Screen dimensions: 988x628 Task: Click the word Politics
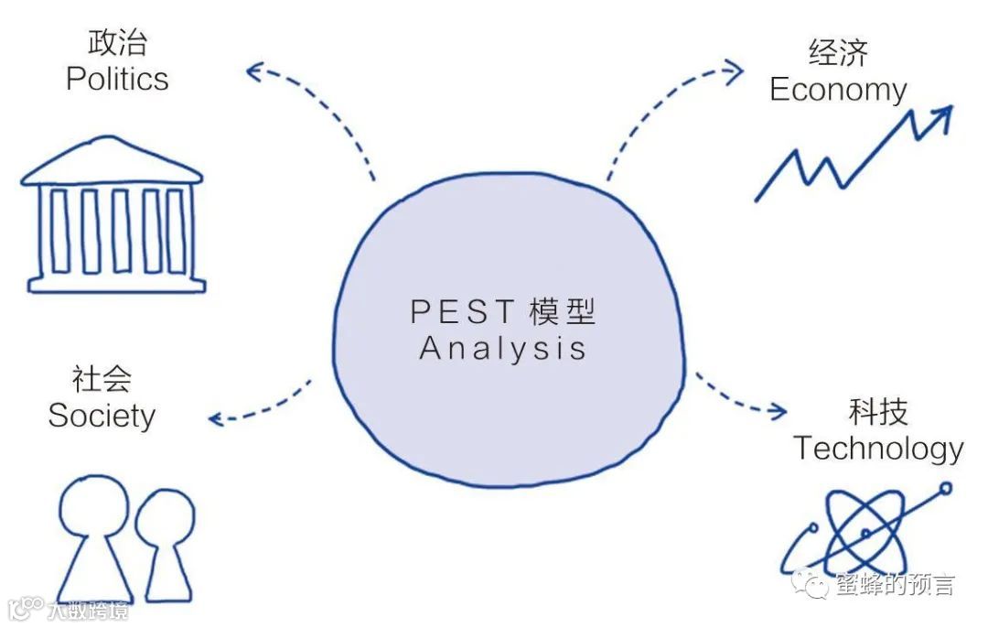tap(117, 79)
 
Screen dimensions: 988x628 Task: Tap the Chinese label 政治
tap(117, 42)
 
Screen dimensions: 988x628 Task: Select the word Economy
tap(837, 90)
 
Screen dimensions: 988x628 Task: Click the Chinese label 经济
tap(837, 53)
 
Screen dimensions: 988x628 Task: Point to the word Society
tap(102, 417)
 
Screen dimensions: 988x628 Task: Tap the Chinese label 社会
tap(102, 379)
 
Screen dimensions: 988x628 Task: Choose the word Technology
tap(877, 449)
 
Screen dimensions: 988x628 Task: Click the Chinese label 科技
tap(877, 412)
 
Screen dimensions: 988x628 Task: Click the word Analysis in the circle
tap(502, 349)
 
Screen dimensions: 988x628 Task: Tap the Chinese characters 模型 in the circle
tap(562, 312)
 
